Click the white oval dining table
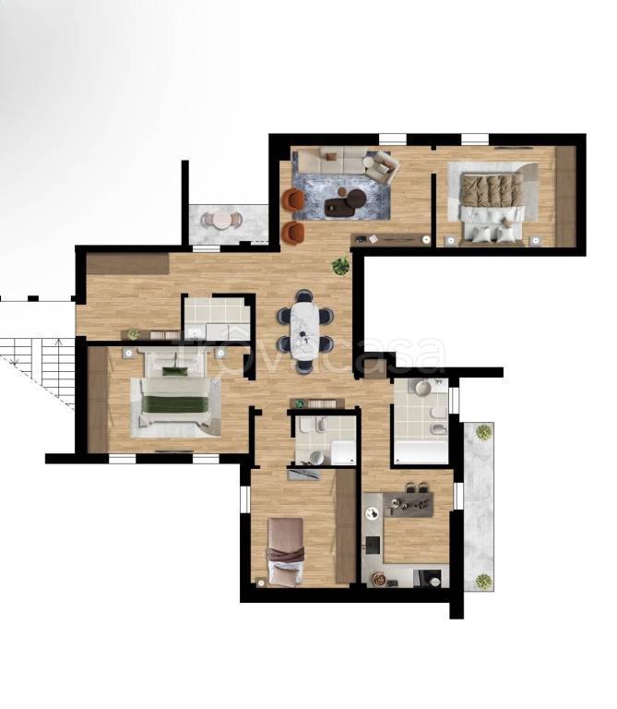pyautogui.click(x=305, y=330)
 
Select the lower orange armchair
pyautogui.click(x=293, y=233)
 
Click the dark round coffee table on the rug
pyautogui.click(x=355, y=197)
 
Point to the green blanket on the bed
pyautogui.click(x=175, y=403)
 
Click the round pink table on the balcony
pyautogui.click(x=221, y=221)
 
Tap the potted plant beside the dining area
pyautogui.click(x=340, y=266)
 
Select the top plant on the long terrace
pyautogui.click(x=483, y=432)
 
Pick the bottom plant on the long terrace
pyautogui.click(x=483, y=581)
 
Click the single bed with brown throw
pyautogui.click(x=286, y=551)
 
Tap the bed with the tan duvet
pyautogui.click(x=492, y=204)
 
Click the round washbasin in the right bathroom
pyautogui.click(x=423, y=388)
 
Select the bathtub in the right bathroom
pyautogui.click(x=421, y=452)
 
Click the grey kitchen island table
pyautogui.click(x=409, y=504)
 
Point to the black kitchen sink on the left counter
pyautogui.click(x=374, y=545)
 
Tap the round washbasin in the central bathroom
pyautogui.click(x=316, y=457)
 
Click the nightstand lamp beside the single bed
pyautogui.click(x=261, y=583)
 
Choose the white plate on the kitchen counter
pyautogui.click(x=374, y=512)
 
